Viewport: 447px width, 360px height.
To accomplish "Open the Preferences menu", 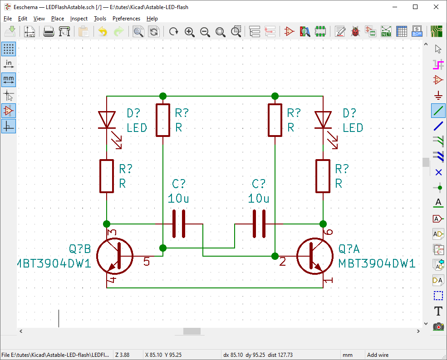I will pyautogui.click(x=126, y=19).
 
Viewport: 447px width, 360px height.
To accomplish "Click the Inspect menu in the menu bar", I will pyautogui.click(x=79, y=19).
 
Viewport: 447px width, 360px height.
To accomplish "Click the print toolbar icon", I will pyautogui.click(x=49, y=32).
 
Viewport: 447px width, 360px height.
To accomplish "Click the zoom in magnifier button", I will pyautogui.click(x=190, y=32).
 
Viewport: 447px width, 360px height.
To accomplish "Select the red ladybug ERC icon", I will pyautogui.click(x=355, y=32).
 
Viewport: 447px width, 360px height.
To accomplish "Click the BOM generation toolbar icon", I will pyautogui.click(x=417, y=32).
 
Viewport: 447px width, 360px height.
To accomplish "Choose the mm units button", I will pyautogui.click(x=9, y=80).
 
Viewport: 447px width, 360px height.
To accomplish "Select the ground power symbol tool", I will pyautogui.click(x=438, y=95).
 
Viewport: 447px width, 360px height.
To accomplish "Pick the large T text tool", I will pyautogui.click(x=438, y=311).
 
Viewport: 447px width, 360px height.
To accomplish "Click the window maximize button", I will pyautogui.click(x=415, y=7).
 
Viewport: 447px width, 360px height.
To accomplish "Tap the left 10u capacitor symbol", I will pyautogui.click(x=178, y=224).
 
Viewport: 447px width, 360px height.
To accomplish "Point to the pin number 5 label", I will pyautogui.click(x=147, y=262).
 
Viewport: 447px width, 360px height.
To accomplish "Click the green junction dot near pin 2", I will pyautogui.click(x=275, y=256).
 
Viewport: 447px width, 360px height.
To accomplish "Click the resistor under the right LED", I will pyautogui.click(x=323, y=176).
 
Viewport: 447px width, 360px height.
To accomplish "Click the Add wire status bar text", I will pyautogui.click(x=378, y=355).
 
